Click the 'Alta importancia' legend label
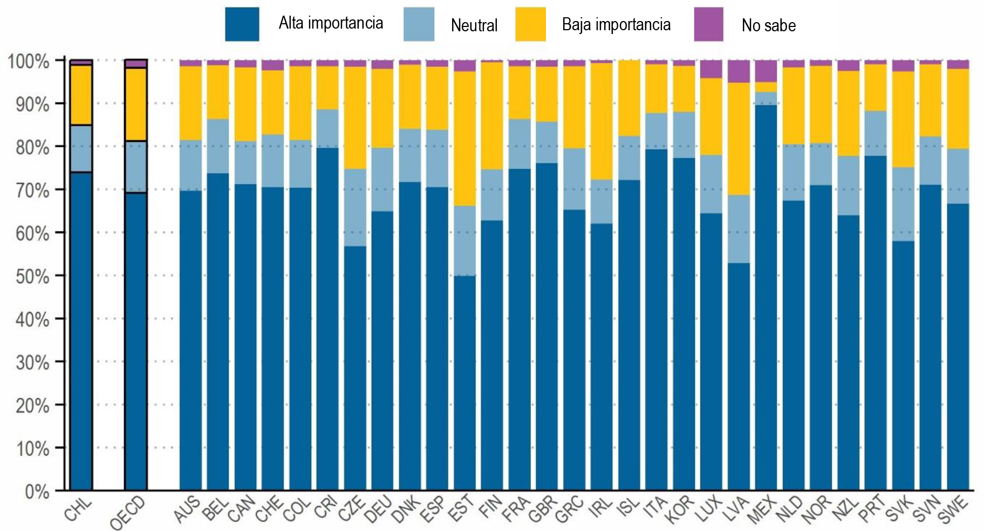[x=331, y=23]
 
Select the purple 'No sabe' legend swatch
[x=708, y=24]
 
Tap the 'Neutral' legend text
[x=474, y=25]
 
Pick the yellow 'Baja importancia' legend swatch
[x=530, y=24]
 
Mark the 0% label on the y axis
[x=37, y=492]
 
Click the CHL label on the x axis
[x=79, y=509]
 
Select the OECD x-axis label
[x=128, y=513]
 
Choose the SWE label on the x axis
[x=953, y=510]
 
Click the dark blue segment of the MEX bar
[x=766, y=297]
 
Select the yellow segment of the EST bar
[x=464, y=138]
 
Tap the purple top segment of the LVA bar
[x=738, y=71]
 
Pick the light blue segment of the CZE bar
[x=355, y=207]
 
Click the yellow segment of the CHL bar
[x=81, y=95]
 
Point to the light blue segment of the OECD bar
[x=135, y=167]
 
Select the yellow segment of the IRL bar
[x=601, y=121]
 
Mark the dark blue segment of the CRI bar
[x=327, y=318]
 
